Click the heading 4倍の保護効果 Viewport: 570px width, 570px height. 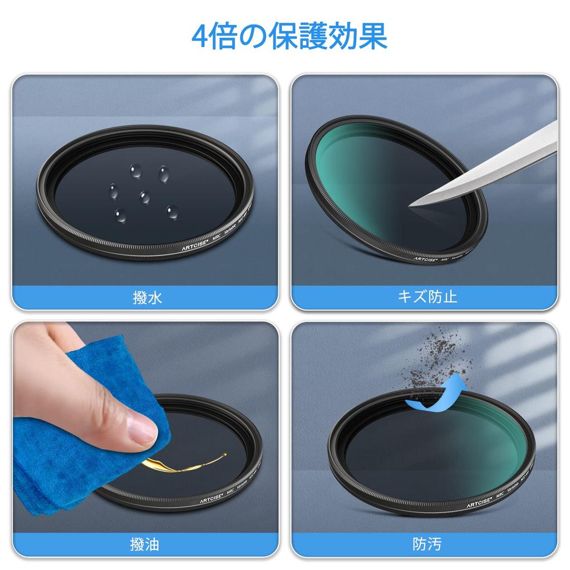click(289, 37)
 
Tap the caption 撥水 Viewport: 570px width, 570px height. click(148, 298)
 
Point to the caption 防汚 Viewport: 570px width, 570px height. click(427, 544)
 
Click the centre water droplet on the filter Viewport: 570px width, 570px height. click(145, 196)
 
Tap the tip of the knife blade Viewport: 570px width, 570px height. click(410, 205)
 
